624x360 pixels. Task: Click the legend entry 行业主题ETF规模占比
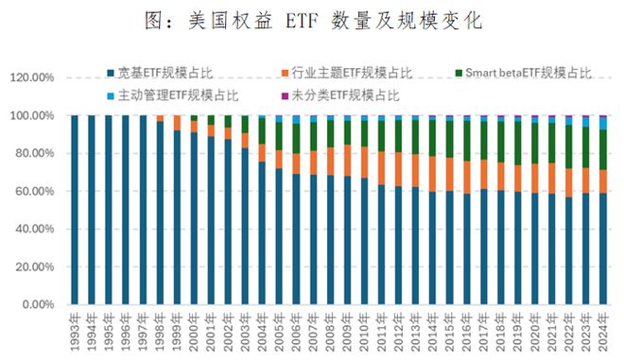(x=347, y=73)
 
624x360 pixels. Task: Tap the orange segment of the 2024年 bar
(x=602, y=181)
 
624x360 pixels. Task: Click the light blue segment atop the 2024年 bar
(x=602, y=124)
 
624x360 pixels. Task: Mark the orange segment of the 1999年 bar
(x=177, y=123)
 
